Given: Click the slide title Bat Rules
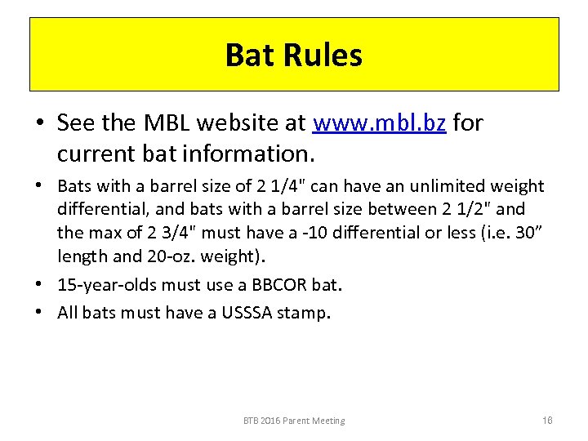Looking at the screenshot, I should click(293, 55).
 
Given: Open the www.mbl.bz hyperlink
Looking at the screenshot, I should click(380, 123).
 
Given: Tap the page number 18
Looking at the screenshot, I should click(547, 420).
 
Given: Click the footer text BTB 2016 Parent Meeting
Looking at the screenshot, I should click(294, 421).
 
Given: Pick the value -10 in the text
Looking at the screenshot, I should click(286, 234).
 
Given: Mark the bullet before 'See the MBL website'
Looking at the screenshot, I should click(38, 124).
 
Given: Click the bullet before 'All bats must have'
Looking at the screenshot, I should click(38, 311).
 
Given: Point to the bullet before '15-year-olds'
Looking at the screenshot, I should click(38, 285).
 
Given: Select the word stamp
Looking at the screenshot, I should click(305, 312).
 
